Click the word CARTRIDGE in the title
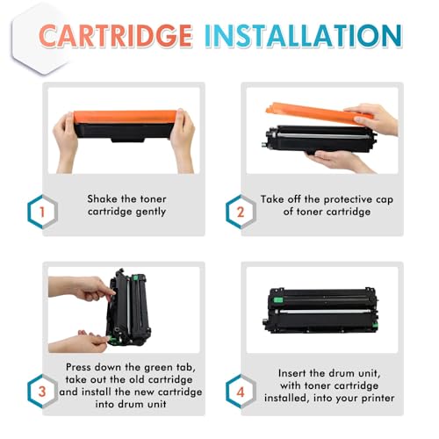(x=115, y=36)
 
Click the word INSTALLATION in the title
(x=303, y=36)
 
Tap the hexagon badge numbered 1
(x=42, y=212)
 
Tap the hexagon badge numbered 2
(x=241, y=212)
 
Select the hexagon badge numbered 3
(x=42, y=392)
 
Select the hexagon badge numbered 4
(x=241, y=392)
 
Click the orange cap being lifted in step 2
(x=318, y=113)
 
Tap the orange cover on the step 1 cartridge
(x=125, y=117)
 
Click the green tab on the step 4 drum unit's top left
(x=277, y=299)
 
